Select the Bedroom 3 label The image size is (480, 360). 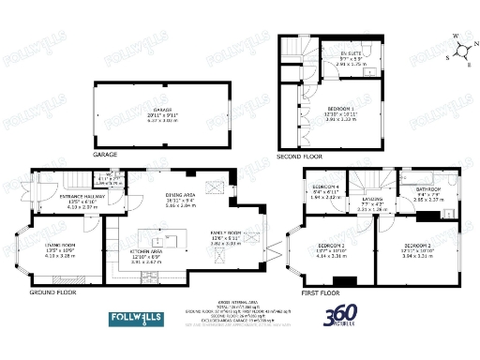point(339,250)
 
